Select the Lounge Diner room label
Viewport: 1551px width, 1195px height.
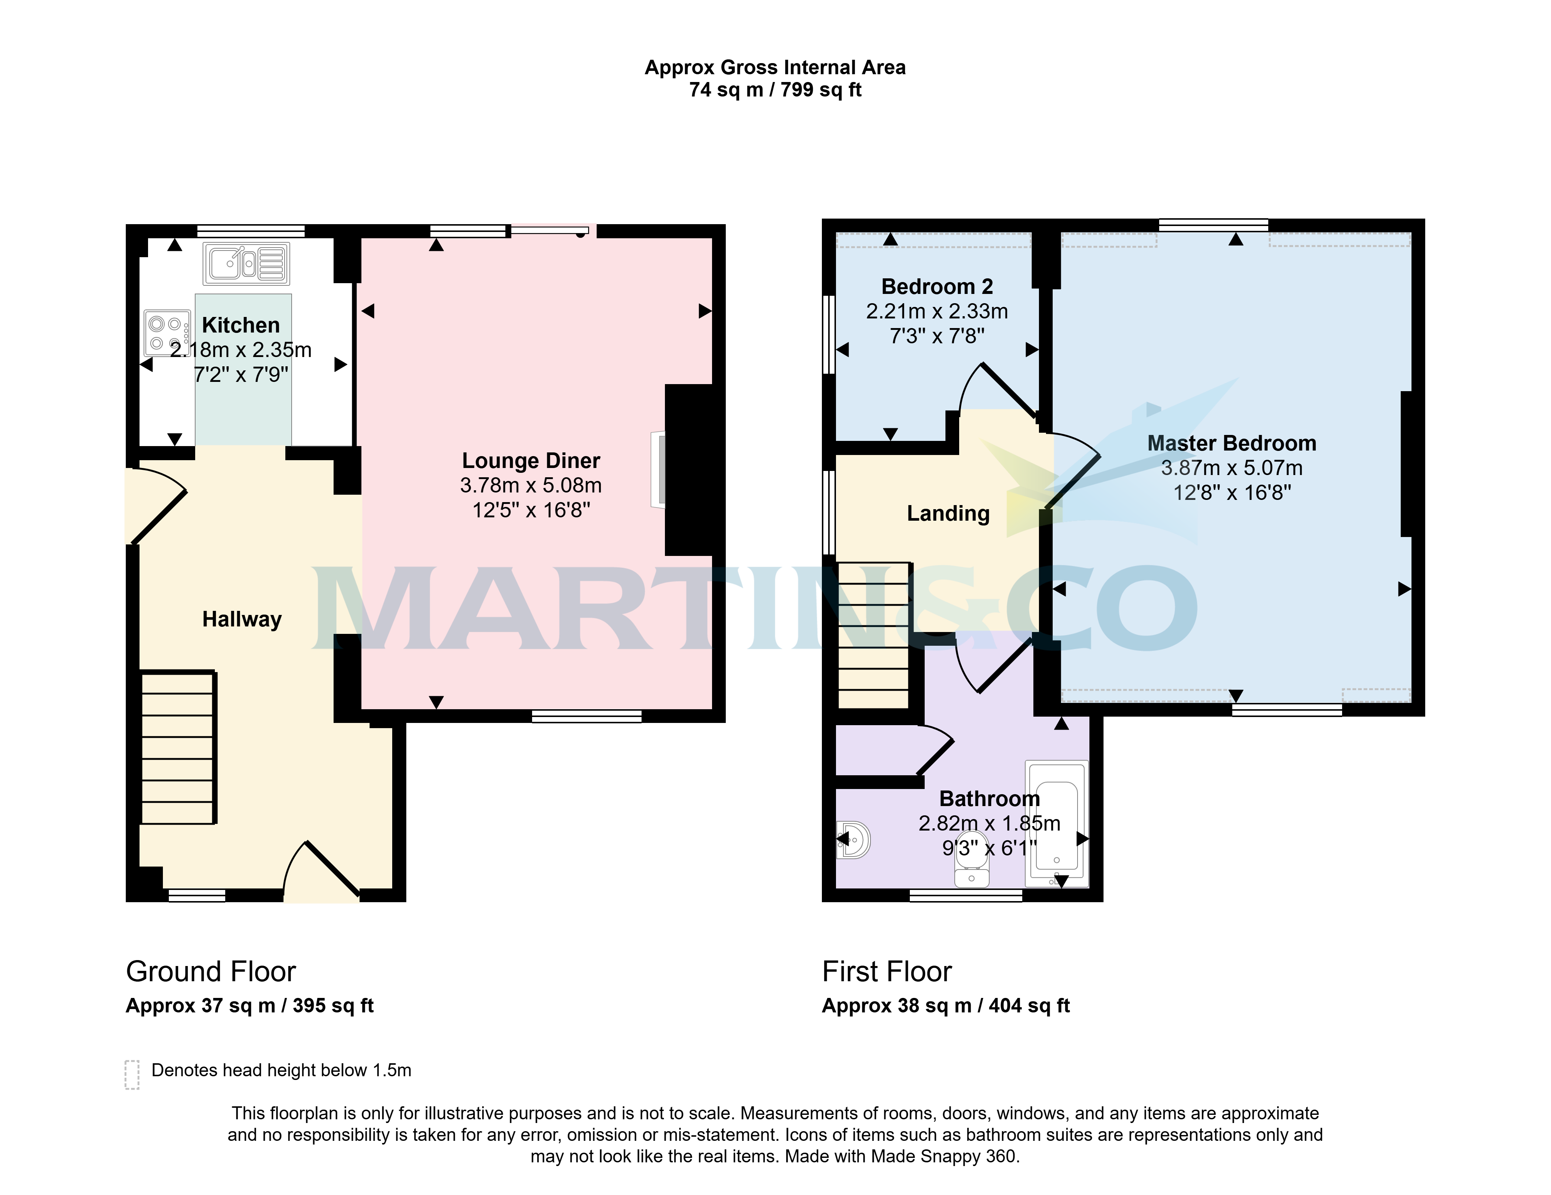click(531, 461)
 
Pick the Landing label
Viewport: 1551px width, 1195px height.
click(948, 513)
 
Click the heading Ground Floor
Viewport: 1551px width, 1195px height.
click(211, 971)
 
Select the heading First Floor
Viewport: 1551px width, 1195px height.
click(887, 971)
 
